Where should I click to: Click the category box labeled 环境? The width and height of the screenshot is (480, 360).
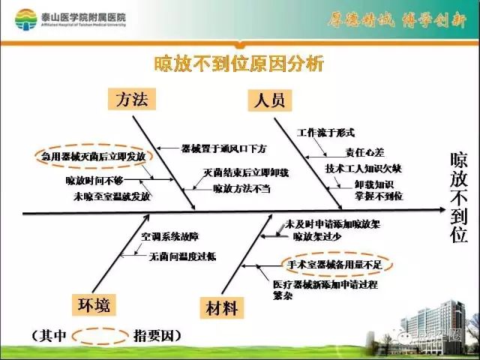click(x=94, y=304)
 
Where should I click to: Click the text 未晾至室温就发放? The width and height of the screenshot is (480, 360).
click(x=112, y=196)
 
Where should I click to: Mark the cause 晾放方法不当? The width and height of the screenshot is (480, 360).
click(x=239, y=188)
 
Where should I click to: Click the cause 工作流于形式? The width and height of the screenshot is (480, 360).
click(x=325, y=132)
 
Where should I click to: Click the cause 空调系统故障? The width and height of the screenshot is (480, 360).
click(x=169, y=237)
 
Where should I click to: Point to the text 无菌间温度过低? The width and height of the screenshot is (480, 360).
click(x=183, y=256)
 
